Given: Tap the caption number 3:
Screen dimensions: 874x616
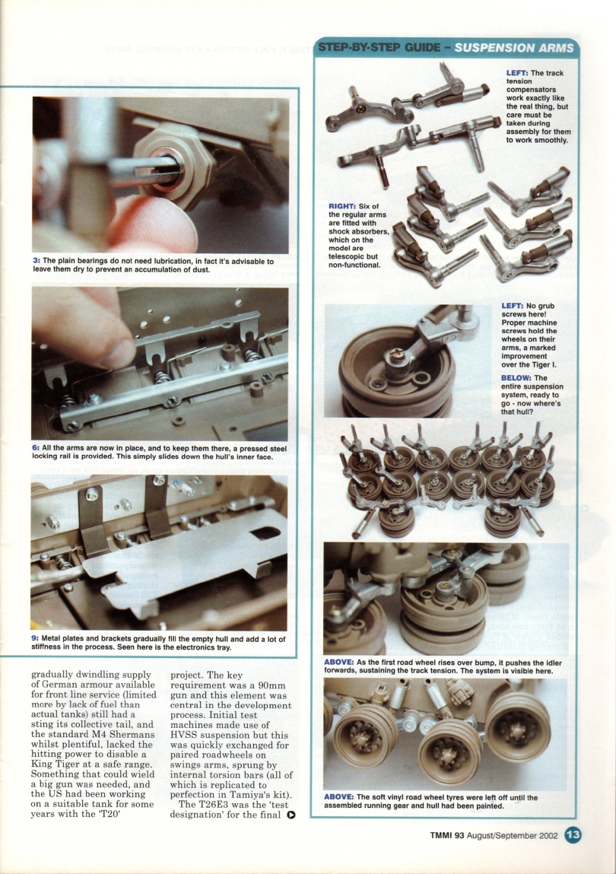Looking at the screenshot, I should pyautogui.click(x=36, y=262).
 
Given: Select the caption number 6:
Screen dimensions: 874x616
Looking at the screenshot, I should pyautogui.click(x=36, y=449).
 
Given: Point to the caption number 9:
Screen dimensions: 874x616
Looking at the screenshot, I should pyautogui.click(x=36, y=640).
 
